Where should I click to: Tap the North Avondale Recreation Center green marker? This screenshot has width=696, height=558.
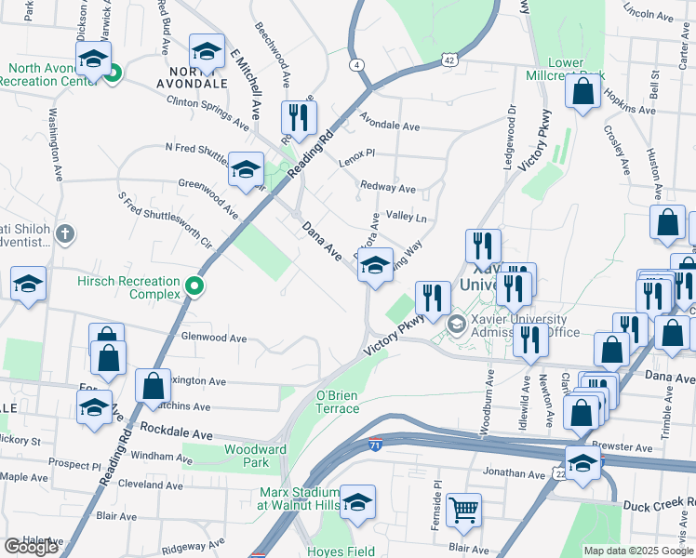(x=113, y=73)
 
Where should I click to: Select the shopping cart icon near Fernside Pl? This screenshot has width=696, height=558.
(x=463, y=509)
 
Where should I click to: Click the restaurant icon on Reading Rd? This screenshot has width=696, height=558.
(x=299, y=117)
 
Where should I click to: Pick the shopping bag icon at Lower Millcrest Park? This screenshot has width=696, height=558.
(x=582, y=92)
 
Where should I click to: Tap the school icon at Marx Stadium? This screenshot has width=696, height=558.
(x=357, y=502)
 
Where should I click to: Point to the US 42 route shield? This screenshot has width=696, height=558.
(x=449, y=60)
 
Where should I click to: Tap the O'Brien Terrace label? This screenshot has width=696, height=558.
(x=337, y=402)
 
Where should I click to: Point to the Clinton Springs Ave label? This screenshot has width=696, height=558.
(x=207, y=113)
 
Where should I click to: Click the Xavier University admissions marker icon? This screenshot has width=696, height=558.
(x=456, y=325)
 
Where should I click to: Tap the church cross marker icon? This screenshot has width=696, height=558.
(x=64, y=232)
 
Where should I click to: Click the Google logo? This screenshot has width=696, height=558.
(x=31, y=547)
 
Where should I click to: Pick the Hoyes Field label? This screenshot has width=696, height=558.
(x=342, y=551)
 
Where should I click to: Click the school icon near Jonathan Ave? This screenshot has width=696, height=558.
(x=582, y=463)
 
